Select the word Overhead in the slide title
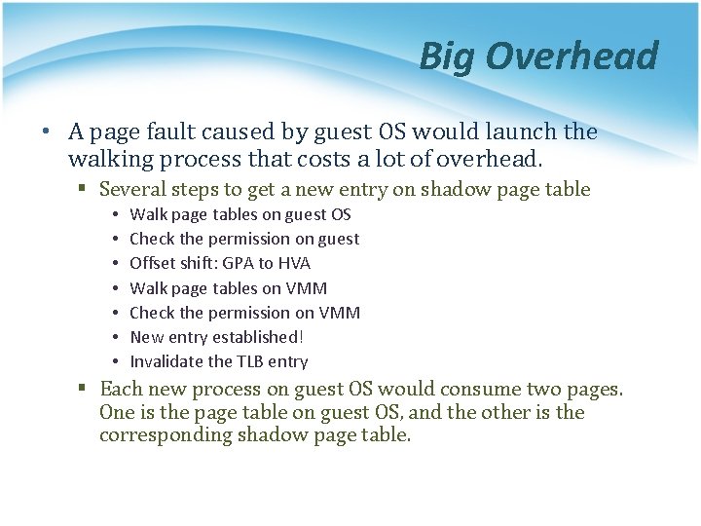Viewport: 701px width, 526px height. [572, 56]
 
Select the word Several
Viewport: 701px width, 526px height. [135, 190]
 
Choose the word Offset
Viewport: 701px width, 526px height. [154, 263]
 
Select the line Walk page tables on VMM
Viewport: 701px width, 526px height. [228, 288]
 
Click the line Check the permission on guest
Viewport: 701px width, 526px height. [243, 239]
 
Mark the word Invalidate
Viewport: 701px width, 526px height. [167, 361]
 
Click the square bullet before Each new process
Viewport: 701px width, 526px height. [85, 389]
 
